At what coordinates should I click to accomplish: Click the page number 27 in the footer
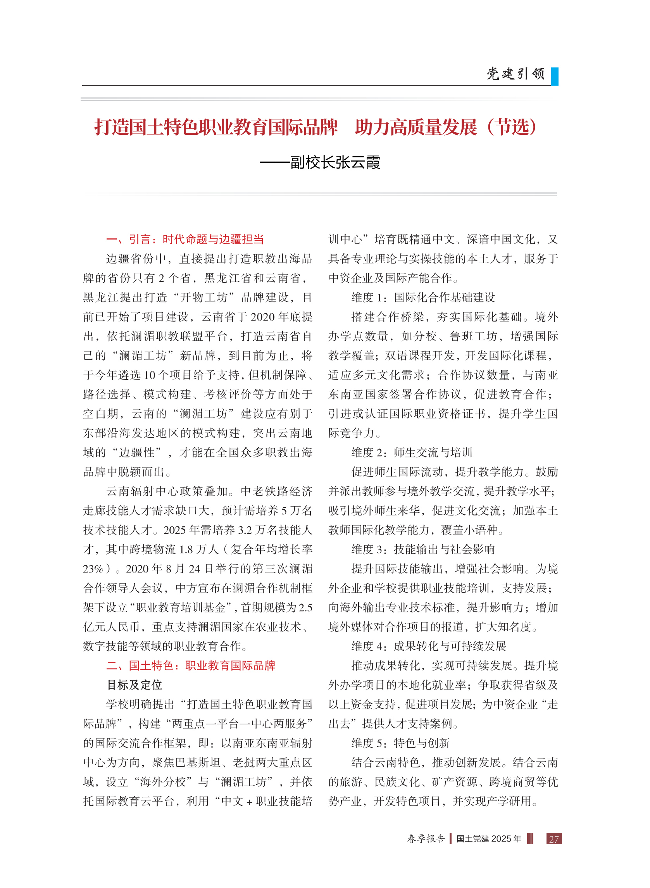553,839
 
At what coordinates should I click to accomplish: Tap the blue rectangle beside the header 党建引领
554,76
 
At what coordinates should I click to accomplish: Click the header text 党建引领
516,74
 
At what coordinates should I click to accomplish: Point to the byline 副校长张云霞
335,162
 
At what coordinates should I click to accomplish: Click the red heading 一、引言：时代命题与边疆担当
185,239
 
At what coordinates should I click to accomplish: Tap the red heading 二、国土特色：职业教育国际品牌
190,665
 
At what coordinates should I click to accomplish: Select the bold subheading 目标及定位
134,685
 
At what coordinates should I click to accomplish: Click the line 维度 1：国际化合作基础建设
423,297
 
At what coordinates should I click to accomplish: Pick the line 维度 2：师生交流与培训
412,452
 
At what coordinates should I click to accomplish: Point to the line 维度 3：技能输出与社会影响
423,549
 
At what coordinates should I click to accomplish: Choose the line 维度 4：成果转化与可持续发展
428,646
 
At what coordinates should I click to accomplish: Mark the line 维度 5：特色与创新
400,743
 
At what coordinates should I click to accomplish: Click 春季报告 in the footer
426,839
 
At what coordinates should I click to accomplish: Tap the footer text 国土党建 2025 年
489,839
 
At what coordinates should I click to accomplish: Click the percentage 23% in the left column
93,569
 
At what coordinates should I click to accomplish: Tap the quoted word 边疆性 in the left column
139,452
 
